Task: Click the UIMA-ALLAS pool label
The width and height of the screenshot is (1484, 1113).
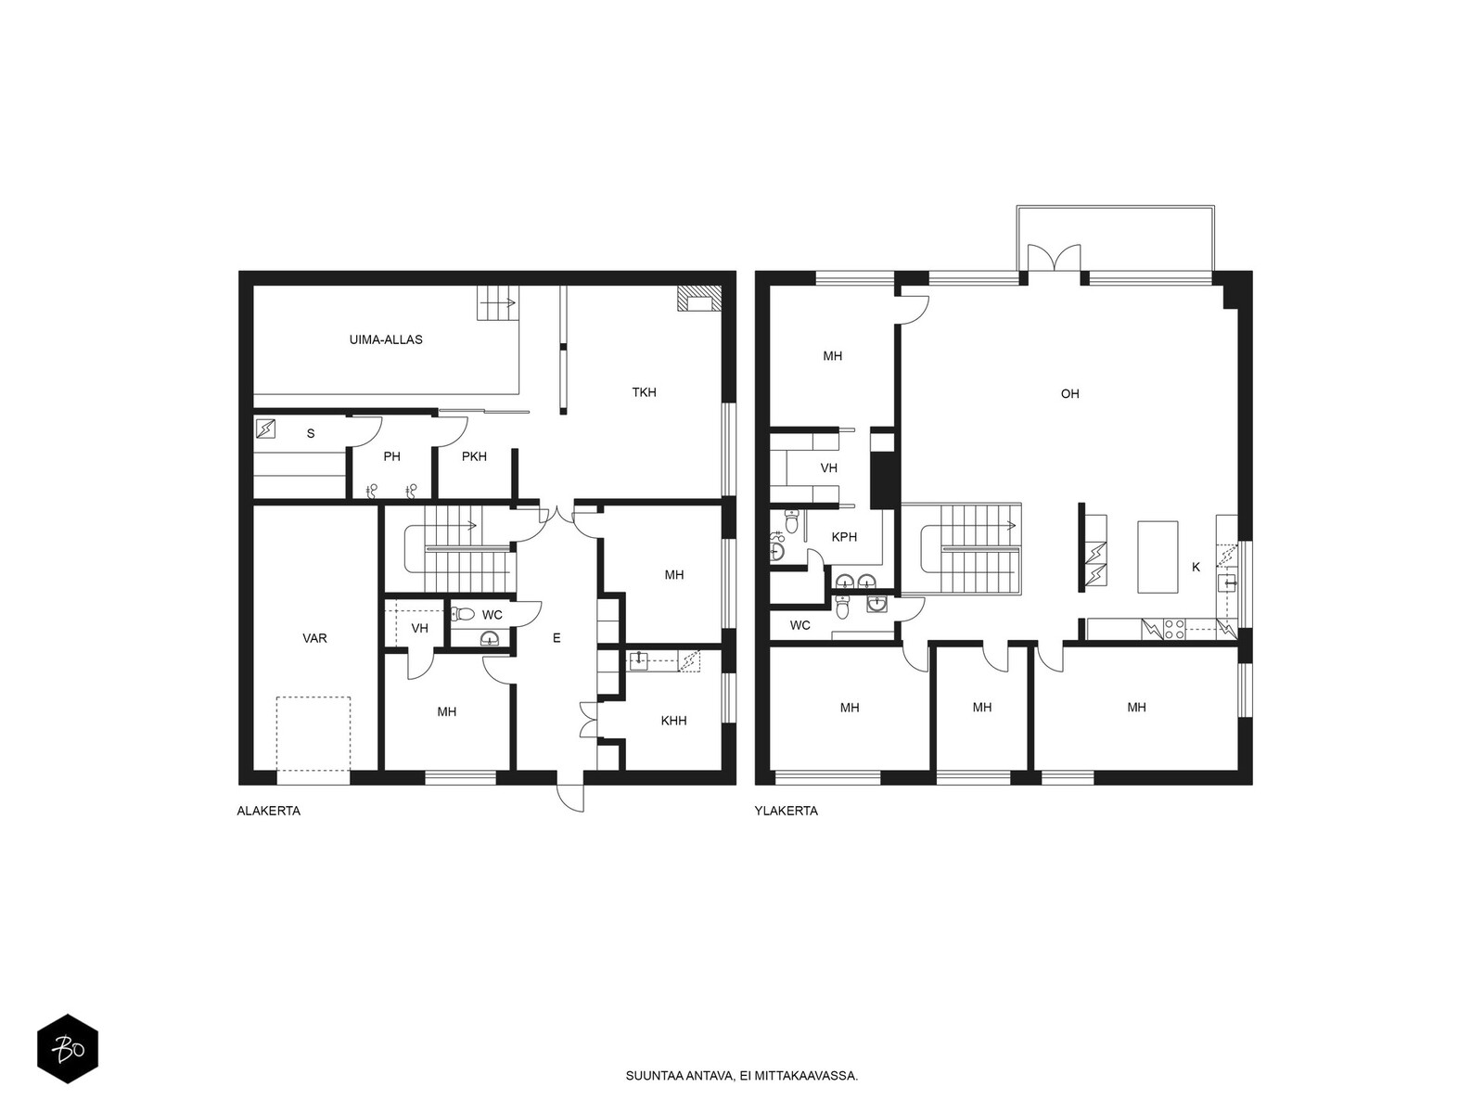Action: click(385, 339)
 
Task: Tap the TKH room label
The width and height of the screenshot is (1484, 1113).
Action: click(644, 392)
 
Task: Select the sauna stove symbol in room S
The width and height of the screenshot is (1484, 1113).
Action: click(265, 429)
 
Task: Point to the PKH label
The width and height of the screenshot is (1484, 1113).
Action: click(474, 456)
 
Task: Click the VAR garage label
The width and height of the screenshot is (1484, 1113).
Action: click(314, 638)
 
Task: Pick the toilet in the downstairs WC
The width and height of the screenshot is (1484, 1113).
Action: click(463, 614)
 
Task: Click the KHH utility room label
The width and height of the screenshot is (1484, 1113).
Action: click(673, 721)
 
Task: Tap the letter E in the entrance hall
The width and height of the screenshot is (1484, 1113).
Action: click(556, 638)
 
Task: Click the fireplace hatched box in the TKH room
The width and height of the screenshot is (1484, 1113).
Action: click(699, 298)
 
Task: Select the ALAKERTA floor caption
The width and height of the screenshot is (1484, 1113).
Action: click(268, 811)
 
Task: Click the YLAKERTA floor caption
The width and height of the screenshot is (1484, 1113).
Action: click(787, 811)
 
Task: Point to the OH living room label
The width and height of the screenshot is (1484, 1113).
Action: click(1069, 394)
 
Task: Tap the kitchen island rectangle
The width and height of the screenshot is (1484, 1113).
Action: click(1158, 556)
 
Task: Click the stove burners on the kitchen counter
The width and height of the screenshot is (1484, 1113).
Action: click(1174, 629)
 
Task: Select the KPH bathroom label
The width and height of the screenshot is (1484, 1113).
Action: click(844, 537)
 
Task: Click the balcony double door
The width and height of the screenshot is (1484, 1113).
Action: click(1054, 258)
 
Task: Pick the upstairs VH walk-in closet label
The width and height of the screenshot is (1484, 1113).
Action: click(829, 467)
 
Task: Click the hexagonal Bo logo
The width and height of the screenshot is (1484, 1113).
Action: click(68, 1049)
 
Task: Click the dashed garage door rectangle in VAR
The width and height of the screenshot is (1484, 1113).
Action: click(313, 734)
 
